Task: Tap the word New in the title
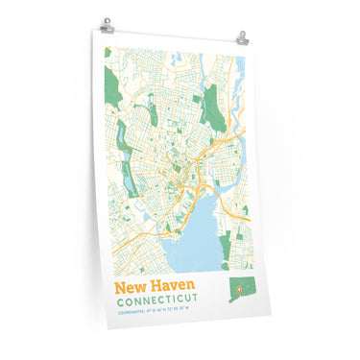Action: pos(131,287)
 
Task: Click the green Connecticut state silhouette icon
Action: pos(237,291)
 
